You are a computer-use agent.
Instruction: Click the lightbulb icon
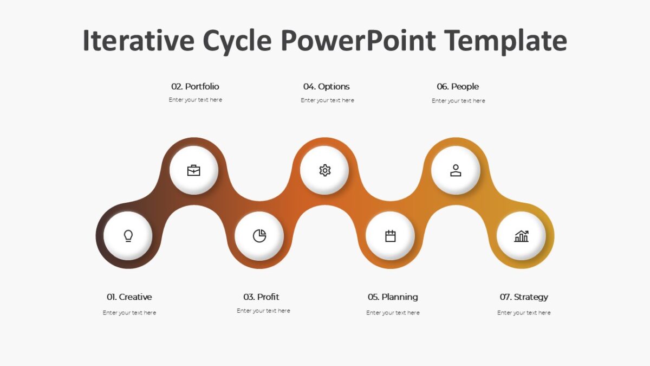(x=128, y=236)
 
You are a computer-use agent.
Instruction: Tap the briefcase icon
(x=193, y=170)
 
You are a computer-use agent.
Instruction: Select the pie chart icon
(x=259, y=236)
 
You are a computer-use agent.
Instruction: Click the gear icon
(x=324, y=170)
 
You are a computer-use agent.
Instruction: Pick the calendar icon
(x=390, y=236)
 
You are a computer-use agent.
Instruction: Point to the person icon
(x=456, y=170)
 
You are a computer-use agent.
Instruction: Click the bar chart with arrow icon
(x=521, y=236)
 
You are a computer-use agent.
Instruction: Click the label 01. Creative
(x=129, y=297)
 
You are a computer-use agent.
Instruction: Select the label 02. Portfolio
(x=195, y=87)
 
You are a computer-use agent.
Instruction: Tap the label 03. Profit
(x=261, y=297)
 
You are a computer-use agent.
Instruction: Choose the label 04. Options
(x=327, y=87)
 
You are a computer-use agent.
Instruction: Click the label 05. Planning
(x=393, y=297)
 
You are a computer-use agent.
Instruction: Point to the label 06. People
(x=458, y=87)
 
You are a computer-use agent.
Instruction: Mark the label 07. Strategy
(x=524, y=297)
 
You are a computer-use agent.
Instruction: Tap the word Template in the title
(x=505, y=41)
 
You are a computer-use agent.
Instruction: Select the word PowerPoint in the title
(x=360, y=41)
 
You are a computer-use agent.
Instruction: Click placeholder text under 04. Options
(x=327, y=100)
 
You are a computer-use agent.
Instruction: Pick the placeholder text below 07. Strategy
(x=524, y=313)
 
